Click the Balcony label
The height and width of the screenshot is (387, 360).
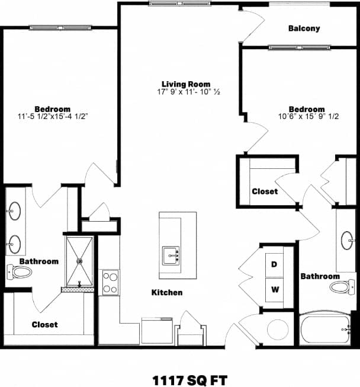coord(304,28)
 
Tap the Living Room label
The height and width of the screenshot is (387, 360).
coord(187,84)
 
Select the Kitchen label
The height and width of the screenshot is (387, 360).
coord(167,293)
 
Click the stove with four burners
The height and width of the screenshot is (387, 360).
coord(111,283)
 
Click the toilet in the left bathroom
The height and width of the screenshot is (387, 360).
coord(21,272)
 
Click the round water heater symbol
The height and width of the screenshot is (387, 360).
coord(277,330)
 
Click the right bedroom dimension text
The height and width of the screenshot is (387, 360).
coord(306,117)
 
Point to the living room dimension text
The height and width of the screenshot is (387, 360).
coord(187,92)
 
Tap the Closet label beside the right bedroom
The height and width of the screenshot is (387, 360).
coord(265,191)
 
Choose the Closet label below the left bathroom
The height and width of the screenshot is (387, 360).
coord(44,324)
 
